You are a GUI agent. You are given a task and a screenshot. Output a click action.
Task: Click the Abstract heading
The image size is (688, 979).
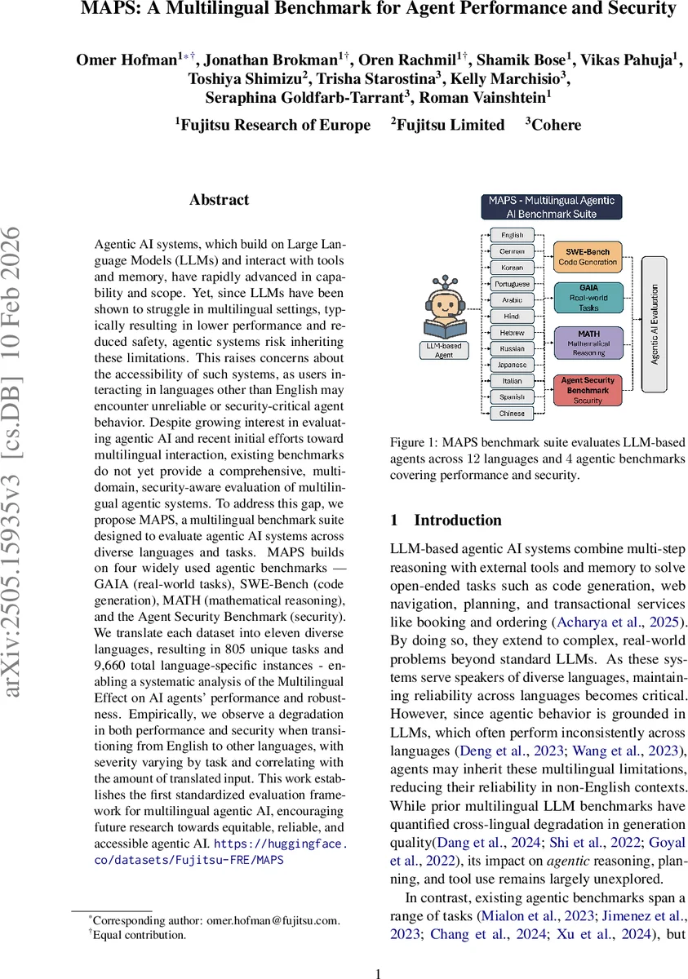pos(219,200)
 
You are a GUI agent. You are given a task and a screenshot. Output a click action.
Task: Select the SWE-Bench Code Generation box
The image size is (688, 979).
pos(588,255)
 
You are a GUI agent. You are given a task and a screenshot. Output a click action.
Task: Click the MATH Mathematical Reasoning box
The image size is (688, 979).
pos(588,340)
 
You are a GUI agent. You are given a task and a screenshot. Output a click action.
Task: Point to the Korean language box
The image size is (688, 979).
pos(512,268)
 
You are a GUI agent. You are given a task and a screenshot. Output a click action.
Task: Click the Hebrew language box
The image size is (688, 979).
pos(512,333)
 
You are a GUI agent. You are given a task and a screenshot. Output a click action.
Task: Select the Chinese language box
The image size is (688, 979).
pos(512,413)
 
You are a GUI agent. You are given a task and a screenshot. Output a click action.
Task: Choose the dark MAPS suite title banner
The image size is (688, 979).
pos(551,207)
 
